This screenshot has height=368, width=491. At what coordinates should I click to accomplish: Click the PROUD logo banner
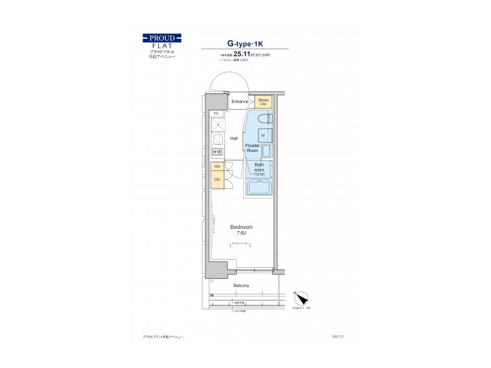162,37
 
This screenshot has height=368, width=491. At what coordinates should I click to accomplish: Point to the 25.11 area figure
243,53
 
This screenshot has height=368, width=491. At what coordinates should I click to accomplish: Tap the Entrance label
239,102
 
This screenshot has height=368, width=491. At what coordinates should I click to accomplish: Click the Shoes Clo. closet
264,102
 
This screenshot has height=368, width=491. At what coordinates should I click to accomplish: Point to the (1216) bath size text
259,175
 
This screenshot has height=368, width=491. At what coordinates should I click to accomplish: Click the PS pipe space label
216,114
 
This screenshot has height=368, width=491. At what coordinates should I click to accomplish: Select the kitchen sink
217,140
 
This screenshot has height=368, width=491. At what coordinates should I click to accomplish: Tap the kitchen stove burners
216,153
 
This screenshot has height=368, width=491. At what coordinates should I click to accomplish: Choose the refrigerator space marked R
217,125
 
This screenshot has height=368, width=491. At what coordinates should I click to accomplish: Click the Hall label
234,138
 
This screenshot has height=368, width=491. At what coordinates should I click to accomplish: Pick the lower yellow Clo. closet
218,180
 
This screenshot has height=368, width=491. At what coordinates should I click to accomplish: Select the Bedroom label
241,227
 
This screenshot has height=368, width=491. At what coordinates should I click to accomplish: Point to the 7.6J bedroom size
241,234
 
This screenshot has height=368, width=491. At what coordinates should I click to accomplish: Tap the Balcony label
241,285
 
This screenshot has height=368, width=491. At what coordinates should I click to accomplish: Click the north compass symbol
302,298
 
